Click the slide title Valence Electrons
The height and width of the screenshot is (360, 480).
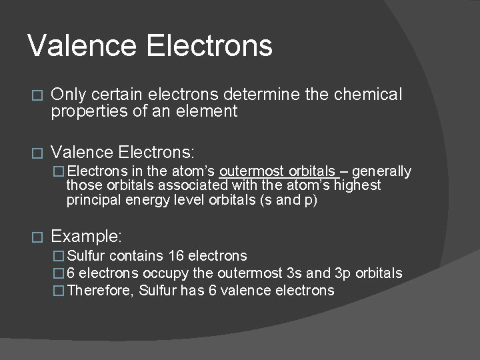click(x=150, y=46)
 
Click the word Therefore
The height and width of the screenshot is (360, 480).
click(x=100, y=291)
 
